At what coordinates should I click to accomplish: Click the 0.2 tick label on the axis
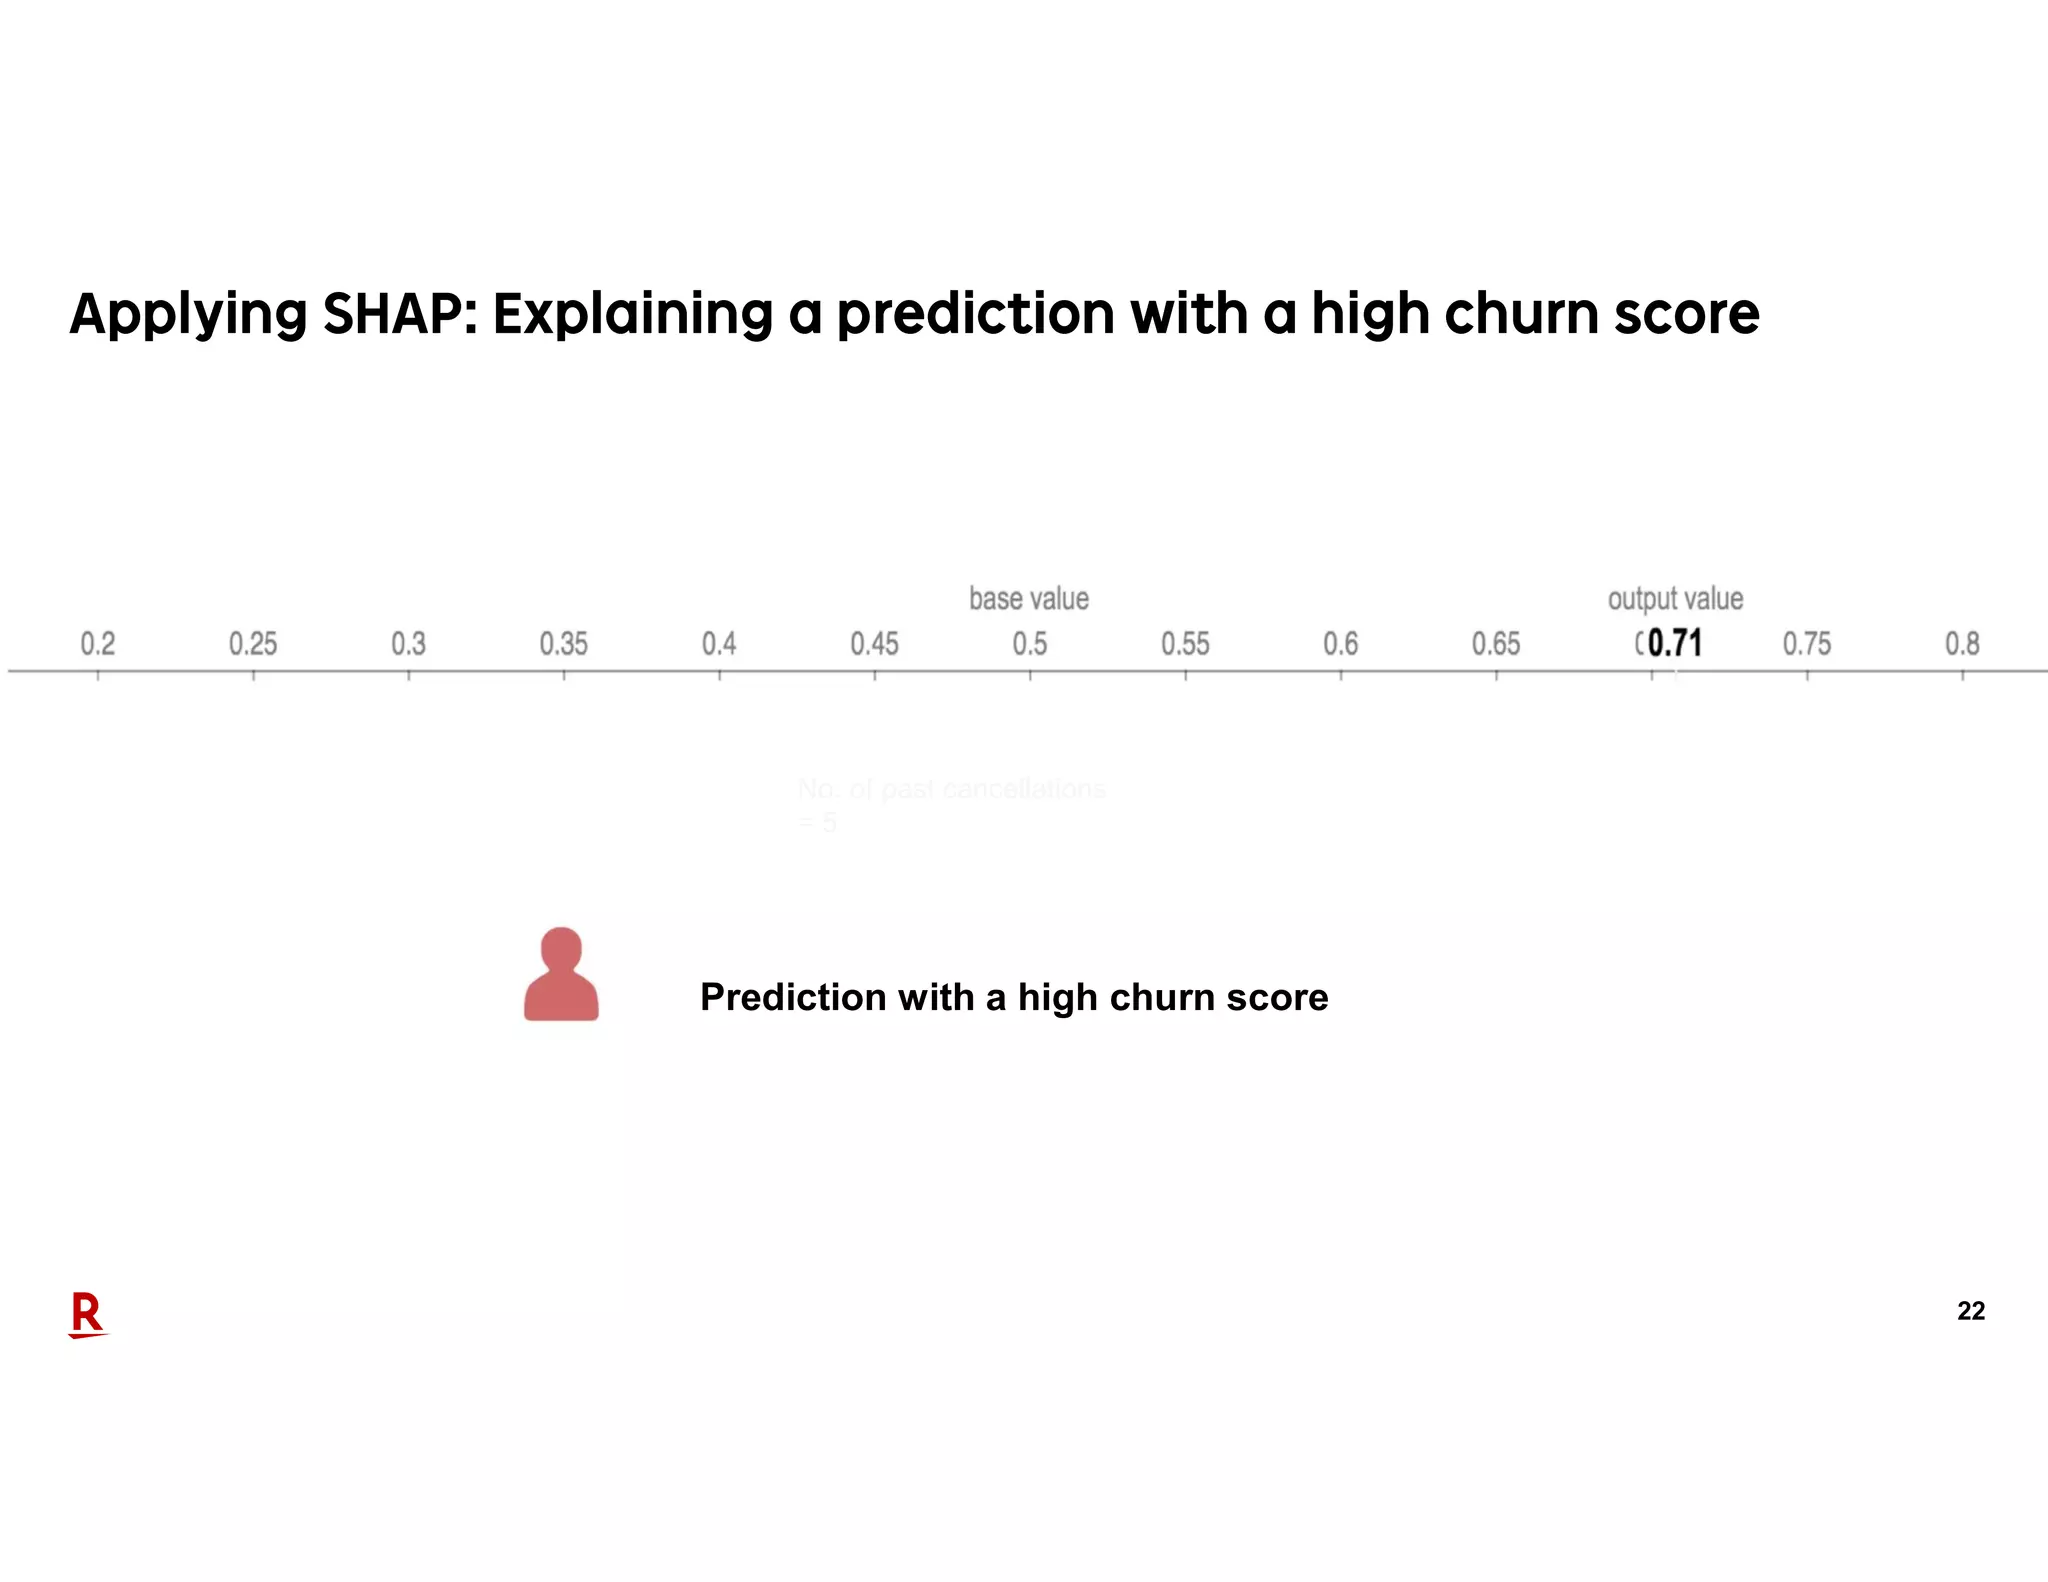click(98, 643)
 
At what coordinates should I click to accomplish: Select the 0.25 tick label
click(253, 643)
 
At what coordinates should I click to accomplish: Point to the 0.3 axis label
click(408, 643)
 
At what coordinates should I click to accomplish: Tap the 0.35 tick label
click(563, 643)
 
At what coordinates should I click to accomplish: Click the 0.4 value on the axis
click(719, 643)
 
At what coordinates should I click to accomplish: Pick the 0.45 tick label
click(874, 643)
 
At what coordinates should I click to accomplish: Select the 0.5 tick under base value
click(1030, 643)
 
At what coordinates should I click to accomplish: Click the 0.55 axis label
click(1185, 643)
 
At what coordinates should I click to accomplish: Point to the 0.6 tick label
click(1341, 643)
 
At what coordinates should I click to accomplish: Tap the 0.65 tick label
click(1496, 643)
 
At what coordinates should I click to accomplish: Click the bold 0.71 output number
click(1675, 642)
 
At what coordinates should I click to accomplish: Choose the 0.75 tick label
click(1807, 643)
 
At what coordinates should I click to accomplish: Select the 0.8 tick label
click(1962, 643)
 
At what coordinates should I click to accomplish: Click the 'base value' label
click(1029, 598)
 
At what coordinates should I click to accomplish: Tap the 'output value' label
click(1675, 598)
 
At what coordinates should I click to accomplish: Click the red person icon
click(561, 975)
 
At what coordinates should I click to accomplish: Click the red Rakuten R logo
click(87, 1314)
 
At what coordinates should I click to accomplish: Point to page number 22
click(1971, 1311)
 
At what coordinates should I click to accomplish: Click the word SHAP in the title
click(393, 314)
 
